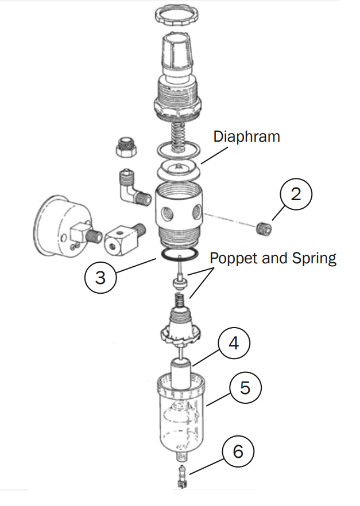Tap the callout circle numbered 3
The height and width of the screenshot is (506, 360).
(x=100, y=278)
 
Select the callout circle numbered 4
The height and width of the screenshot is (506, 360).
(x=234, y=344)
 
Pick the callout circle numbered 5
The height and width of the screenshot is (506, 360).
(x=246, y=388)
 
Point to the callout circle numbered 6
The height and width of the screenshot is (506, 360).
(x=237, y=451)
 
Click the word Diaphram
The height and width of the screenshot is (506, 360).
(x=246, y=137)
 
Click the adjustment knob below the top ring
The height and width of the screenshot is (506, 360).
(x=177, y=50)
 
